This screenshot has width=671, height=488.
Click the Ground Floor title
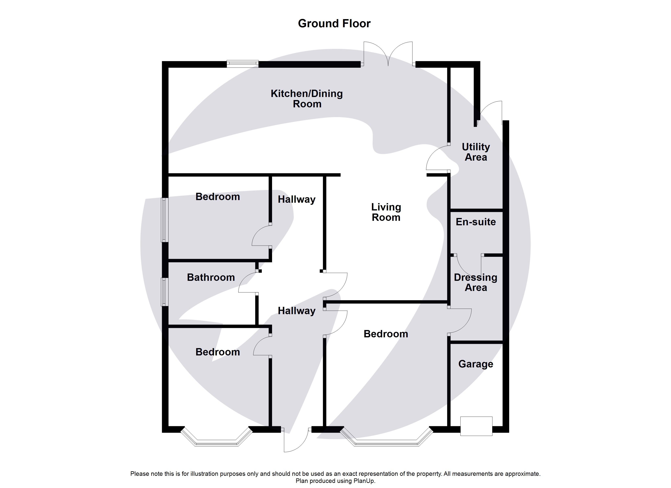[334, 23]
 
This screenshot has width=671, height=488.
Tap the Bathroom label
[211, 277]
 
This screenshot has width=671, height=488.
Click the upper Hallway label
[296, 199]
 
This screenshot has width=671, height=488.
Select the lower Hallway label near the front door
[296, 311]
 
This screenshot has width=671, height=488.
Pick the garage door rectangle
[476, 426]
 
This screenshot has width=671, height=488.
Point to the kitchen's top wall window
[242, 64]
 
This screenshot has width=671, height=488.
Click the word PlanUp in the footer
[365, 481]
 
